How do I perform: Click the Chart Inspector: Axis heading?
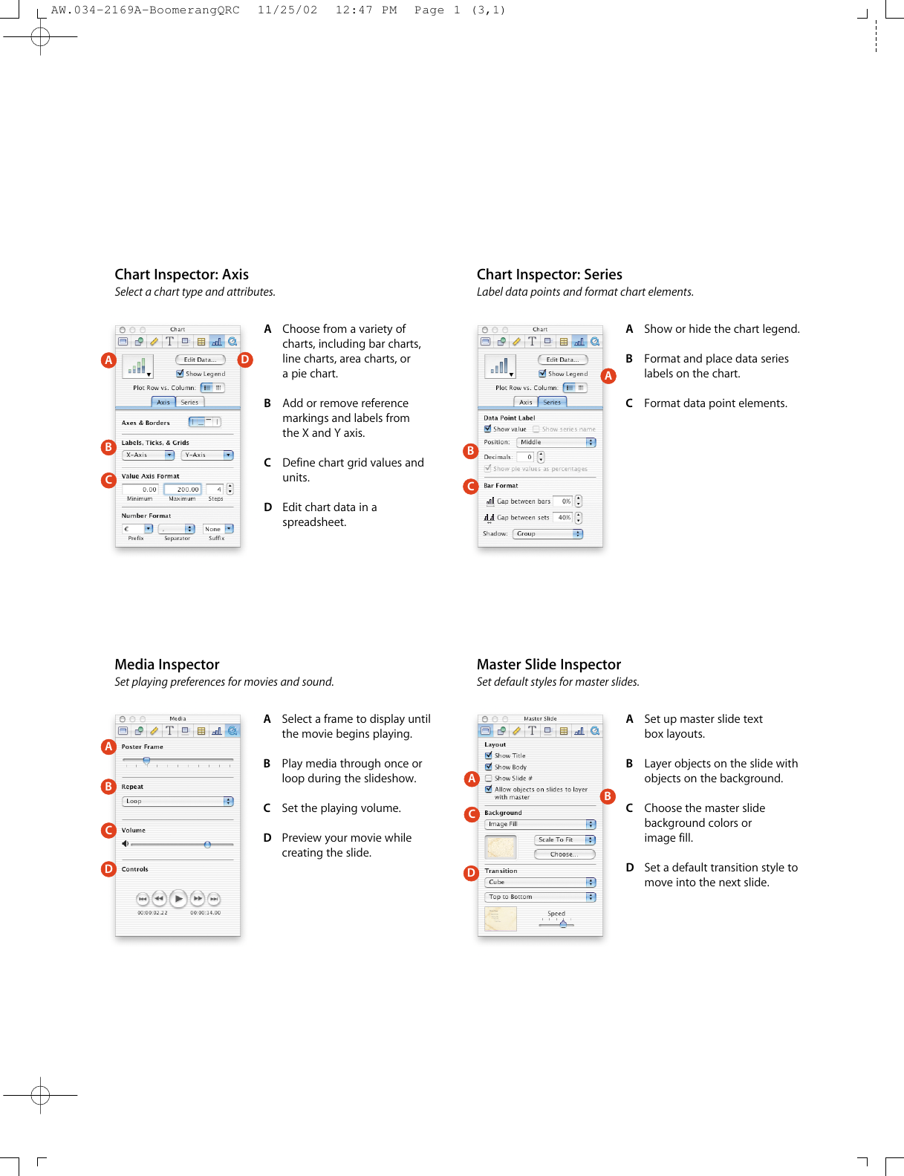pos(181,274)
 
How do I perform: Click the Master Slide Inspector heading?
pos(548,664)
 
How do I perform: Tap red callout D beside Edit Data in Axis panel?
pos(245,360)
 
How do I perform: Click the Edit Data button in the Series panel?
pos(562,360)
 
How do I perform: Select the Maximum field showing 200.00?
pos(183,490)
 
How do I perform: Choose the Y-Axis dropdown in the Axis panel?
pos(207,455)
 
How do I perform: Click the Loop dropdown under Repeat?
pos(178,802)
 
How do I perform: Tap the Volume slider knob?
pos(207,845)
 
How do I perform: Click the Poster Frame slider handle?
pos(146,761)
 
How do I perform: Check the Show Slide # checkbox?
pos(488,779)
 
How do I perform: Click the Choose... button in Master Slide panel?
pos(565,854)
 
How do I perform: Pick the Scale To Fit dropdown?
pos(565,839)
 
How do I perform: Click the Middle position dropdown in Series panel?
pos(556,443)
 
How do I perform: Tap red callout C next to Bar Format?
pos(470,487)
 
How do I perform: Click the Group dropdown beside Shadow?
pos(548,534)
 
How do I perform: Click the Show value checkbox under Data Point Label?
pos(487,429)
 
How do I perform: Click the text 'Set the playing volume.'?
pos(341,808)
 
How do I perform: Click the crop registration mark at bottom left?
pos(41,1095)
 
